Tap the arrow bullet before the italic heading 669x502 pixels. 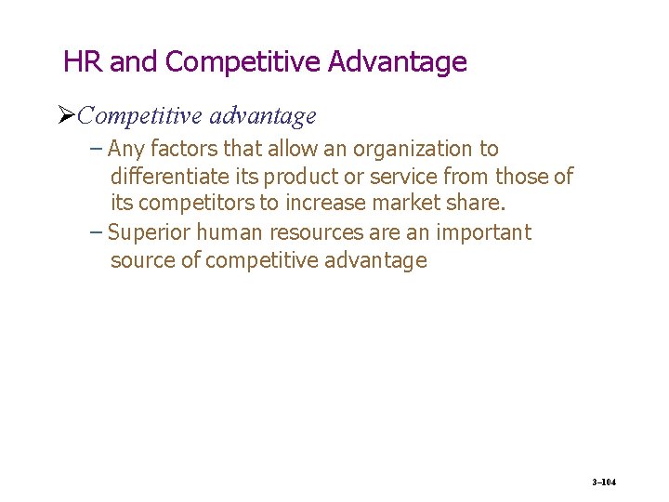[x=65, y=116]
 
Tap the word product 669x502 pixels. [x=298, y=176]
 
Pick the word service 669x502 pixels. [x=400, y=176]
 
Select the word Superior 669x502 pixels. [x=147, y=231]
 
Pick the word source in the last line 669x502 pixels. [x=142, y=260]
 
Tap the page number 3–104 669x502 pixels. [x=604, y=482]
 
